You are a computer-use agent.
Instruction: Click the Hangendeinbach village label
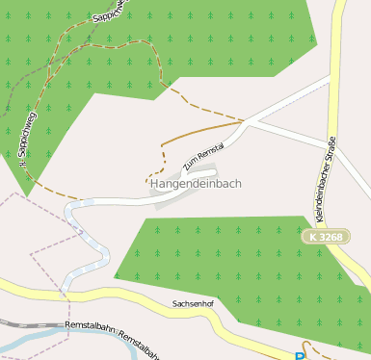(196, 183)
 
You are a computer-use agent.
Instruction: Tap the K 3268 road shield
(326, 236)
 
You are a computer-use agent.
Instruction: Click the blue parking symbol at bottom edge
(300, 356)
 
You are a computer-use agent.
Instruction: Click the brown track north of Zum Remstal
(202, 131)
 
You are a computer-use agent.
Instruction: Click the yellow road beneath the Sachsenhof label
(193, 317)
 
